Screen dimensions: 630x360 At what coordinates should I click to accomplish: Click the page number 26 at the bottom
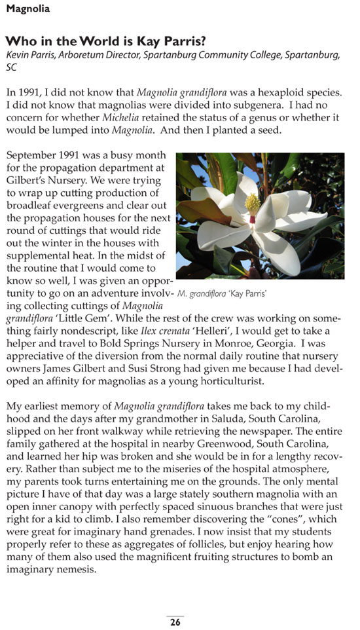[175, 622]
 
